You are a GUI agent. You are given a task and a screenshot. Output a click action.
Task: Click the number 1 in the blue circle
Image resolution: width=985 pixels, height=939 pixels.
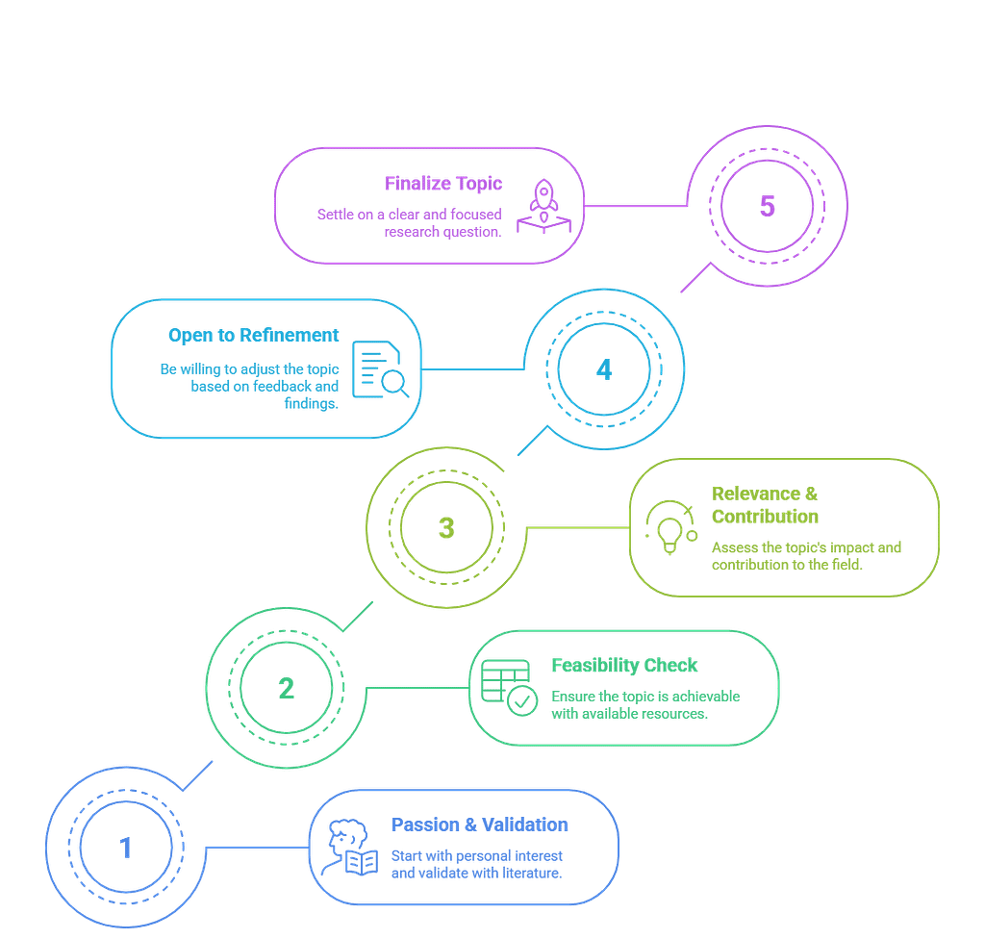point(125,848)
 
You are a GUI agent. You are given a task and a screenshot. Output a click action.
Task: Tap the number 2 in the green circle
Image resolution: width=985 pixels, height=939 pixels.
point(287,689)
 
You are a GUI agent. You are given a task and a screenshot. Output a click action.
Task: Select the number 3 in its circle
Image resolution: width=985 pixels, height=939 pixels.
point(446,528)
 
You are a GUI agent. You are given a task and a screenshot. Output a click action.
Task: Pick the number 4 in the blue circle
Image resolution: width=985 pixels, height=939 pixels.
point(603,370)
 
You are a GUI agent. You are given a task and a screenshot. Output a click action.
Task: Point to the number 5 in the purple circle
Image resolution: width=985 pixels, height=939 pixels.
point(767,206)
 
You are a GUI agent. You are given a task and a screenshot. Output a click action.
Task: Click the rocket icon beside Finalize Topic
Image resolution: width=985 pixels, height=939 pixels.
point(543,205)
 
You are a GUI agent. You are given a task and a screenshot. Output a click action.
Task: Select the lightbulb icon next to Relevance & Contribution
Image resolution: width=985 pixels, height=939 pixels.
point(669,527)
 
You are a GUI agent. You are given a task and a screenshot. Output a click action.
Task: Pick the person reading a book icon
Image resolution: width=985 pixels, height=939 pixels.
point(351,848)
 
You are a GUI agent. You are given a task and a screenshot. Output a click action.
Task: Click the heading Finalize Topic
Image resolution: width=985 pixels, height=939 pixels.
point(443,183)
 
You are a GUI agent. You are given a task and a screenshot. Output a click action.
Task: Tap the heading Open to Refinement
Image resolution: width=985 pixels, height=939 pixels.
point(254,335)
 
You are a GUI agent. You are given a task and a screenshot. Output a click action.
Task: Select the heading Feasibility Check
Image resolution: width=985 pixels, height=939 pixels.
point(624,666)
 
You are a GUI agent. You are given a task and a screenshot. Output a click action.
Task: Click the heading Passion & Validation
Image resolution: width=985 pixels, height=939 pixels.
point(480,825)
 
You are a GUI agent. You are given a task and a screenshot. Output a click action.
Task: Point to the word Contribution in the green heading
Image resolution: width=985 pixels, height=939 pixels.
point(765,516)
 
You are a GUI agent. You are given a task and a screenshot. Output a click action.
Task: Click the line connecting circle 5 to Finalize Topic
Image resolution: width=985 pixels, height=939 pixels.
point(635,205)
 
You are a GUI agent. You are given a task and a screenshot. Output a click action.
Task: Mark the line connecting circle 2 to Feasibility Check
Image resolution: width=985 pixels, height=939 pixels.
point(414,687)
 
